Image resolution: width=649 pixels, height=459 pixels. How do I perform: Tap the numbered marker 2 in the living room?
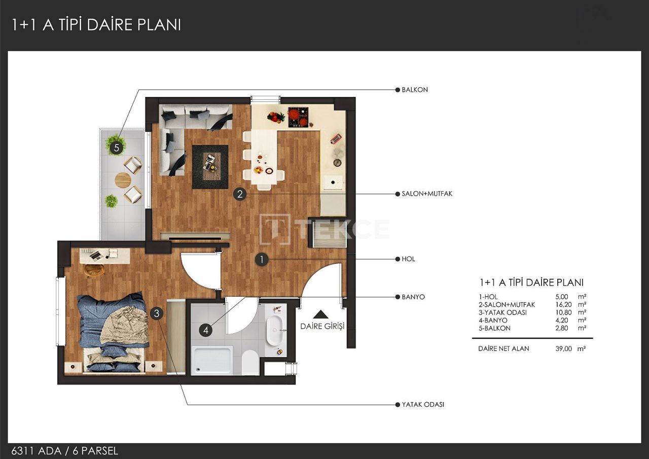pos(240,193)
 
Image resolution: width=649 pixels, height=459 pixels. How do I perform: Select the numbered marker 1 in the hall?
pos(261,260)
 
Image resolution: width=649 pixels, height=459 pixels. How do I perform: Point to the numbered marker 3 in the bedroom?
pos(157,313)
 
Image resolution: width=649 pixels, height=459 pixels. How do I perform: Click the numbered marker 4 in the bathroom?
pos(205,330)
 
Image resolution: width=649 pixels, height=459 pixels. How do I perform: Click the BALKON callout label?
pos(414,90)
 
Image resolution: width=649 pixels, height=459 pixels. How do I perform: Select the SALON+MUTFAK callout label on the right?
pos(426,194)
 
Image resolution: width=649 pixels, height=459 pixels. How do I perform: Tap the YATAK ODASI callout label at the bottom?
pos(422,405)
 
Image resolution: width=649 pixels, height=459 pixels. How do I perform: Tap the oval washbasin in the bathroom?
pos(274,330)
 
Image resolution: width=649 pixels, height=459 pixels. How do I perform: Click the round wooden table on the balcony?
pos(123,180)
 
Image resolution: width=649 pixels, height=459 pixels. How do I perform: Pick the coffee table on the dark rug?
pos(210,162)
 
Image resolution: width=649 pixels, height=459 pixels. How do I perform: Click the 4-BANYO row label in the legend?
pos(493,321)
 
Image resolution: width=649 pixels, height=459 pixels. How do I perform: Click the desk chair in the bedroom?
pos(93,270)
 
